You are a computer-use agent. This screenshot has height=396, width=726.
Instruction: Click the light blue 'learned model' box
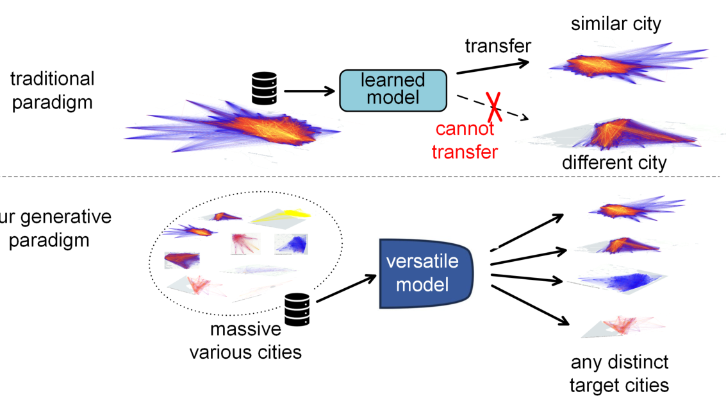(393, 90)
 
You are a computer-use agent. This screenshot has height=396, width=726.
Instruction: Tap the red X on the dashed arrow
(494, 107)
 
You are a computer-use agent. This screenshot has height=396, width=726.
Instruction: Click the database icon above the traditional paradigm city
(265, 88)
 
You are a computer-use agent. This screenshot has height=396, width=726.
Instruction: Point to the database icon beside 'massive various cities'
(297, 310)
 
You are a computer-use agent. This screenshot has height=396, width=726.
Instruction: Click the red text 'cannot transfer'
(465, 140)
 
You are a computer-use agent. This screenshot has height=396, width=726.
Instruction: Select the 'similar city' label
(616, 24)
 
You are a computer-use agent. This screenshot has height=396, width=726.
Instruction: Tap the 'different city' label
(614, 163)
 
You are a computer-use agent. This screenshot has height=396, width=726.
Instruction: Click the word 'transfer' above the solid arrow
(498, 46)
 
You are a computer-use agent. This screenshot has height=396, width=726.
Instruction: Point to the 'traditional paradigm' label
(53, 90)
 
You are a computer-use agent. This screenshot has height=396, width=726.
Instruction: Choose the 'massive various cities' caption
(245, 341)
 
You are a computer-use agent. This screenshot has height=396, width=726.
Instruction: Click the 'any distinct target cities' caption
(619, 374)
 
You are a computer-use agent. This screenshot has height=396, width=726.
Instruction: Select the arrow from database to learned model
(309, 91)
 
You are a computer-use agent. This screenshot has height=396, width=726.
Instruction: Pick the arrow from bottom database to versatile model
(346, 288)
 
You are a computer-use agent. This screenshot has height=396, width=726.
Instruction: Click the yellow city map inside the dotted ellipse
(281, 216)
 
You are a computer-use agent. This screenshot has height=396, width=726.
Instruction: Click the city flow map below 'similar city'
(628, 63)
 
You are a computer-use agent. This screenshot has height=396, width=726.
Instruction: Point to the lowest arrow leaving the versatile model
(530, 305)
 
